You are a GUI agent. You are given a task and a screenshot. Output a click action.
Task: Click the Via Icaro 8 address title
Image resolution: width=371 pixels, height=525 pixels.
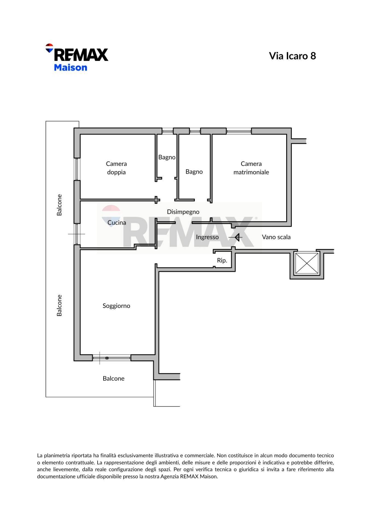[293, 56]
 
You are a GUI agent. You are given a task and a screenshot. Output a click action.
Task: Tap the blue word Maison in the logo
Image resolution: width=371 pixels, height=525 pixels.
[71, 67]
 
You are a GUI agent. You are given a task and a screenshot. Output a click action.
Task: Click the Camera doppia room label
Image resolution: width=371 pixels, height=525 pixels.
[116, 168]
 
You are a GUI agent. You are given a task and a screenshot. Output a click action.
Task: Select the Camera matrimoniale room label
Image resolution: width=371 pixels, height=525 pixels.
[251, 168]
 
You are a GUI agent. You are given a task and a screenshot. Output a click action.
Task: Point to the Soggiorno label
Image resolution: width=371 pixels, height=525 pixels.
[116, 306]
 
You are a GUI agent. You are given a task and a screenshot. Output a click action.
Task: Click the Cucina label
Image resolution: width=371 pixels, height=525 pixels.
[117, 223]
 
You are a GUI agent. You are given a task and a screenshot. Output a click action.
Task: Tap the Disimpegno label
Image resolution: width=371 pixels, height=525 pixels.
[183, 212]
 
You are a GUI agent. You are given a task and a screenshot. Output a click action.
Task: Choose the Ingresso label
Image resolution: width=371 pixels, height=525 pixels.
[207, 237]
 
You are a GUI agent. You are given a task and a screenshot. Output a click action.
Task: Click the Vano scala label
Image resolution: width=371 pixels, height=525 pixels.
[276, 237]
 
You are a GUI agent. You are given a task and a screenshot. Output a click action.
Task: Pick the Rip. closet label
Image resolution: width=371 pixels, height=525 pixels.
[222, 260]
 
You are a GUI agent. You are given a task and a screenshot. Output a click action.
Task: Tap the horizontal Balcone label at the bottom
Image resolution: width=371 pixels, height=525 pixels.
[113, 378]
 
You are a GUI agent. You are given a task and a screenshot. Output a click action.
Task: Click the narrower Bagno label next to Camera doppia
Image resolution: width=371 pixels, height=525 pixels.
[167, 157]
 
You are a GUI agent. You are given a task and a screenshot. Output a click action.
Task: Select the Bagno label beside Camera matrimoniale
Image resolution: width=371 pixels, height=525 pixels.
[194, 172]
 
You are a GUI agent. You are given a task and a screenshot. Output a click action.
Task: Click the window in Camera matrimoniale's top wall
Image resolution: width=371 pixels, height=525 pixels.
[239, 131]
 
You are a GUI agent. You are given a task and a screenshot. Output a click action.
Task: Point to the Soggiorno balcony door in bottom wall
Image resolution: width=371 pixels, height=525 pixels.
[112, 358]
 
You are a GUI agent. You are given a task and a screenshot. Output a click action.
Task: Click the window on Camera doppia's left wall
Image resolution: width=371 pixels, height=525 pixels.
[77, 169]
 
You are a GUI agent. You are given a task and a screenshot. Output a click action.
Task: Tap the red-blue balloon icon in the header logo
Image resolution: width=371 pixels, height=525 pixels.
[49, 48]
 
